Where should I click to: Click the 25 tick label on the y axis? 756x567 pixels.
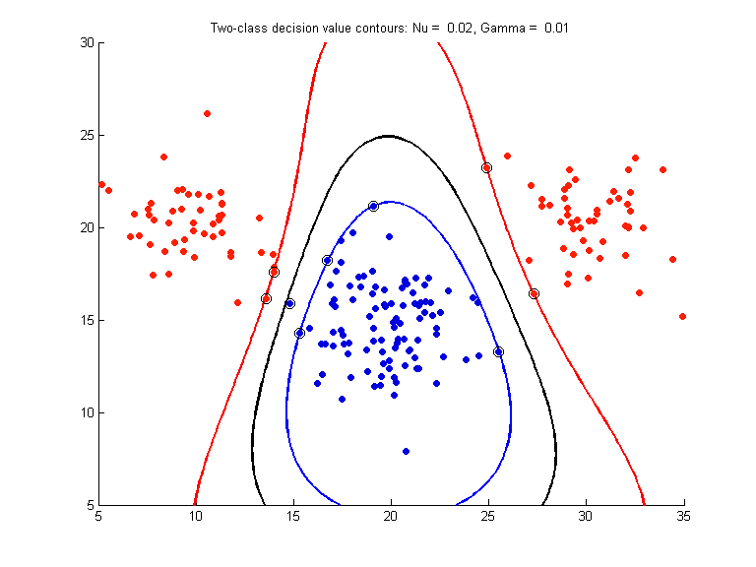click(x=86, y=135)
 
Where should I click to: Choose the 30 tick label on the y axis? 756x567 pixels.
click(x=86, y=42)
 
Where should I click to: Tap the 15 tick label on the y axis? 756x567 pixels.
click(x=86, y=320)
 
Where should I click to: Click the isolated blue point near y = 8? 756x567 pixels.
click(x=406, y=451)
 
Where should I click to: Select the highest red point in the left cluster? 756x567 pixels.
click(x=207, y=113)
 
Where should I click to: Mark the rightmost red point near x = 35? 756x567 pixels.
click(x=682, y=316)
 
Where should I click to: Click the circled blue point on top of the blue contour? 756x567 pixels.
click(x=373, y=206)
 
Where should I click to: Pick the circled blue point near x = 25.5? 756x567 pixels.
click(x=498, y=351)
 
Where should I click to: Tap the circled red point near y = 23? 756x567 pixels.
click(x=486, y=168)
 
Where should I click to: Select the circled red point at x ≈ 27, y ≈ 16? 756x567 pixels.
click(x=534, y=293)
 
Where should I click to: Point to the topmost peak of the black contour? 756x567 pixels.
click(x=389, y=136)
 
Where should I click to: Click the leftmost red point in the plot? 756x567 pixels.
click(x=101, y=184)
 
